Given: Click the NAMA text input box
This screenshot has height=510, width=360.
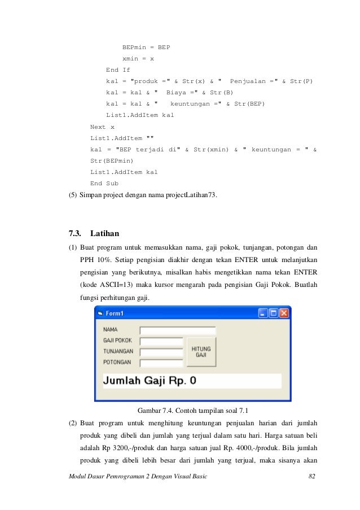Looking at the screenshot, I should tap(177, 331).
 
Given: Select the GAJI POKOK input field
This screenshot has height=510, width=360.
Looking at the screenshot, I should tap(161, 341).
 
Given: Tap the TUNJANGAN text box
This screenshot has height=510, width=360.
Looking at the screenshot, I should tap(161, 351).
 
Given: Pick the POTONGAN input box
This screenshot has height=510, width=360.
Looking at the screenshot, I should tap(161, 361).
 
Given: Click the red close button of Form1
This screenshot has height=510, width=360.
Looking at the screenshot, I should tap(283, 313).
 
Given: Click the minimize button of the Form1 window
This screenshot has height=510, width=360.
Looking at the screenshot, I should tap(263, 313).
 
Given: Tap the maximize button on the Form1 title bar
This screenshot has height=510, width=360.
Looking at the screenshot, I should tap(273, 313).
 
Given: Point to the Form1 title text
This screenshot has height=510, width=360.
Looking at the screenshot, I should tap(115, 313).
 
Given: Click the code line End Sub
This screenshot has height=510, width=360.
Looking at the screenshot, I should tap(104, 183).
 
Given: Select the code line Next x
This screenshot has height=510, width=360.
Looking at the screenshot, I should tap(102, 127).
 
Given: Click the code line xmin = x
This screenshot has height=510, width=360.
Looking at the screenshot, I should tap(138, 58).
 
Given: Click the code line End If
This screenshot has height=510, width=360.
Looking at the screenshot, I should tap(118, 70).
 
